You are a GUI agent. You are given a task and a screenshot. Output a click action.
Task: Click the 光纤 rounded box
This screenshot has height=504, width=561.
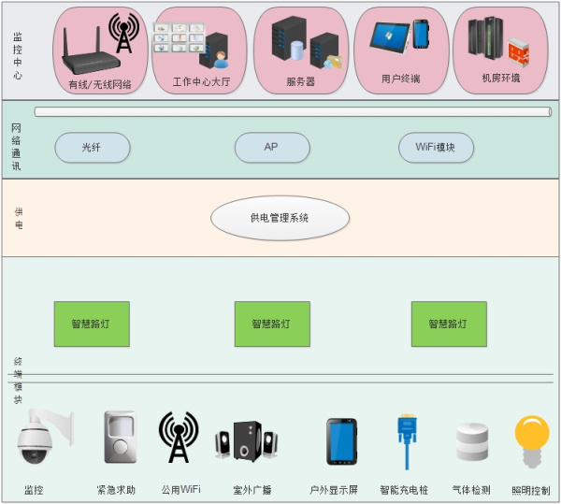coord(92,147)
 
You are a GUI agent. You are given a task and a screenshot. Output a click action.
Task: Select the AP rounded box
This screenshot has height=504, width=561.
coord(271,147)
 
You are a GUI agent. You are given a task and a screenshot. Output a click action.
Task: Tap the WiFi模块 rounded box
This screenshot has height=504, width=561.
coord(436,147)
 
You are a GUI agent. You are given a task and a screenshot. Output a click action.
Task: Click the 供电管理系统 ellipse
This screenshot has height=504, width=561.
coord(280,218)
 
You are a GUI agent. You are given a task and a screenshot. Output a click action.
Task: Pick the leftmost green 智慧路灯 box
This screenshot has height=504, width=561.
coord(92,324)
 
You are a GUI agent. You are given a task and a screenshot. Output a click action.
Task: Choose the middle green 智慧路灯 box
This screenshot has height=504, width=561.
coord(271,324)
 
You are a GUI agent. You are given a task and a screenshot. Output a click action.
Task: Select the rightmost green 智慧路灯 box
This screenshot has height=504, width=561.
coord(449,324)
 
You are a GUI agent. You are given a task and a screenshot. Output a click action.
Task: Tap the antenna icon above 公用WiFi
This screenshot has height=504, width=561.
coord(178,436)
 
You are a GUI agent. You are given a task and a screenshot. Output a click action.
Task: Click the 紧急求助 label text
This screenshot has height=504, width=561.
coord(116,490)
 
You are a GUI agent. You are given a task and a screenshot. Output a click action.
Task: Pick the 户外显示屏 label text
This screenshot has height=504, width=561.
coord(334,490)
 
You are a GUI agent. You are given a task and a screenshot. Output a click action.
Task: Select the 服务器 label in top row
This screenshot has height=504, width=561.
coord(300,81)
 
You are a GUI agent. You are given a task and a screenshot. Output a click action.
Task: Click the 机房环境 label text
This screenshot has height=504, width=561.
coord(500,79)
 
